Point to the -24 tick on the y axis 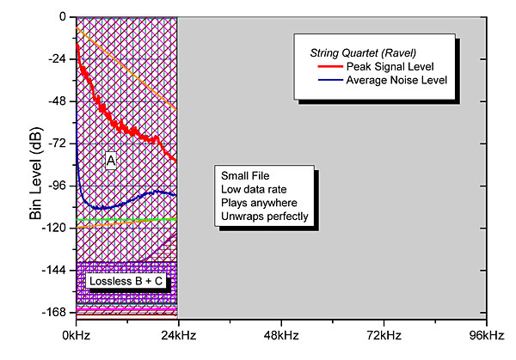58,58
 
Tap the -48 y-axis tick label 58,101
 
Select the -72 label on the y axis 58,143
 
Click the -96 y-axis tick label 58,185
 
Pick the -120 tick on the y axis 55,228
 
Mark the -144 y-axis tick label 55,270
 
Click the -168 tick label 55,312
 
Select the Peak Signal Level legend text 389,66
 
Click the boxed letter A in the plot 111,161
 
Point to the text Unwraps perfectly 264,217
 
